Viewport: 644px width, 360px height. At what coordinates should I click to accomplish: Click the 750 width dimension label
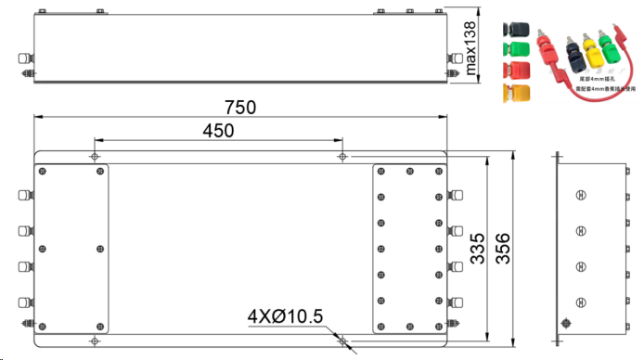pos(239,108)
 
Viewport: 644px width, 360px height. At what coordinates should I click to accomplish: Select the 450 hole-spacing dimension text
pos(218,132)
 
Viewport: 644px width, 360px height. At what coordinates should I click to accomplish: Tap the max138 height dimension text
pos(470,49)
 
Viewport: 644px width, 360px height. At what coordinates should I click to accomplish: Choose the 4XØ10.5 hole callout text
pos(285,317)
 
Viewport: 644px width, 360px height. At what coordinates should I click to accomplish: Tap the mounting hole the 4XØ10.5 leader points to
pos(342,341)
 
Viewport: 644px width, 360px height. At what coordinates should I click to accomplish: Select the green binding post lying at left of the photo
pos(512,46)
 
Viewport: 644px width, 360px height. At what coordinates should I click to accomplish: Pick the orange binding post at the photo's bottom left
pos(513,92)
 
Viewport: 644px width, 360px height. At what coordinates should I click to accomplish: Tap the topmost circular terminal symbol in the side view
pos(581,195)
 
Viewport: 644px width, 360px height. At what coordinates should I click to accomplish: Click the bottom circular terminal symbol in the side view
pos(581,301)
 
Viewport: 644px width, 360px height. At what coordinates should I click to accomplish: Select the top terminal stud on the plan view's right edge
pos(455,196)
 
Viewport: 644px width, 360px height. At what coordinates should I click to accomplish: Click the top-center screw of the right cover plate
pos(409,172)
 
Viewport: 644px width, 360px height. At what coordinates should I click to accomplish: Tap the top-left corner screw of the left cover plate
pos(43,172)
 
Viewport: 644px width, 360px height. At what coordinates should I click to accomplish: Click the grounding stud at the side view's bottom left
pos(563,324)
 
